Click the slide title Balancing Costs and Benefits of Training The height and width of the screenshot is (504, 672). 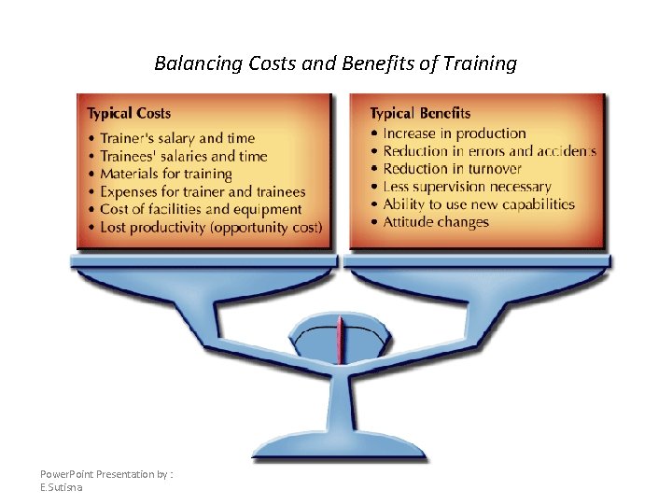point(335,63)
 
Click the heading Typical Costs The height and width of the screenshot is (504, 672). point(129,114)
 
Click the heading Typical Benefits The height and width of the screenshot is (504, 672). point(420,114)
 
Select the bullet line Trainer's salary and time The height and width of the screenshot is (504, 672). point(168,138)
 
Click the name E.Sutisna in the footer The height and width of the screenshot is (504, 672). point(62,487)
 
